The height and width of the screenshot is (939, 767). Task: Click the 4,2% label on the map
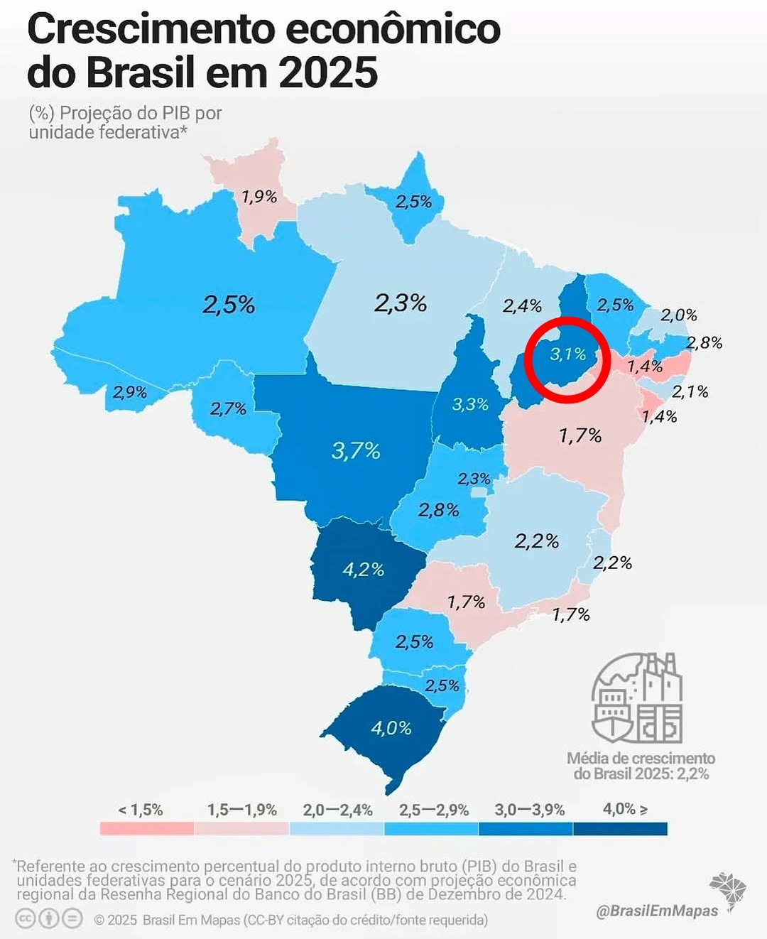pyautogui.click(x=363, y=570)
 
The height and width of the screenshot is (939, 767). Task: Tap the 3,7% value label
pyautogui.click(x=356, y=450)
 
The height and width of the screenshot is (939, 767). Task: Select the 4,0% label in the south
pyautogui.click(x=391, y=728)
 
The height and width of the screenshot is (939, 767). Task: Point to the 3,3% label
pyautogui.click(x=470, y=404)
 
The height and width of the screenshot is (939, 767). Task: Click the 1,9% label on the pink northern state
pyautogui.click(x=259, y=197)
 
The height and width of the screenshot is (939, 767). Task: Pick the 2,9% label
pyautogui.click(x=129, y=392)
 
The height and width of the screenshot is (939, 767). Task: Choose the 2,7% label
pyautogui.click(x=228, y=408)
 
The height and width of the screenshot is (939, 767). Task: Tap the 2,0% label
pyautogui.click(x=679, y=315)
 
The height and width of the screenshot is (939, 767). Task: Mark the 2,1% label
pyautogui.click(x=690, y=391)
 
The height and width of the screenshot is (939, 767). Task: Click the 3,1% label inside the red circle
pyautogui.click(x=568, y=354)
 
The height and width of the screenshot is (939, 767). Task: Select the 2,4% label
pyautogui.click(x=522, y=306)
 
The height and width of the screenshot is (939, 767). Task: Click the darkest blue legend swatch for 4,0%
pyautogui.click(x=620, y=829)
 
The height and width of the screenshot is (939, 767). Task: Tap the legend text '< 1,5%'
pyautogui.click(x=141, y=810)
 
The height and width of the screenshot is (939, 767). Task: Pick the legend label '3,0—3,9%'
pyautogui.click(x=529, y=810)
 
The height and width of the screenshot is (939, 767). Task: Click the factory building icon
pyautogui.click(x=638, y=698)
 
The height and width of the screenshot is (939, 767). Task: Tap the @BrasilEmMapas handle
pyautogui.click(x=656, y=911)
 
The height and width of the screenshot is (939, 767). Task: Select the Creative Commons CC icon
pyautogui.click(x=26, y=919)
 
